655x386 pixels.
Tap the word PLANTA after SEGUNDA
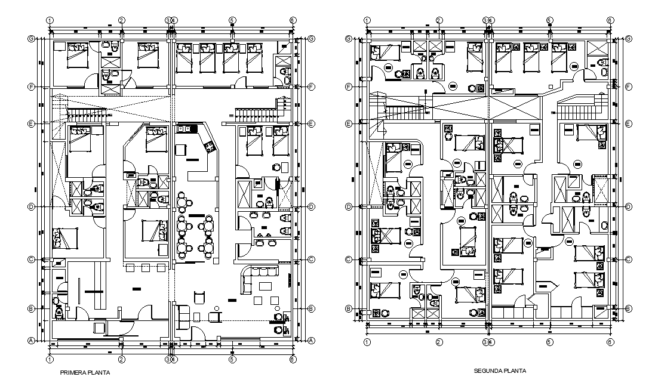coord(515,370)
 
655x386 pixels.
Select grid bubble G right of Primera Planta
coord(312,39)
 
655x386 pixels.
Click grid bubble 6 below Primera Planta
coord(293,359)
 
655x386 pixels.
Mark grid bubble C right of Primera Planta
coord(312,260)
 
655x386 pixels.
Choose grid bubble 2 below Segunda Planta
coord(439,342)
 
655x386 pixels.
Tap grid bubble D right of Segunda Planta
coord(630,207)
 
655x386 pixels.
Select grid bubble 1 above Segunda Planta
coord(367,20)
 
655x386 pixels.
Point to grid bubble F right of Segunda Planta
coord(630,87)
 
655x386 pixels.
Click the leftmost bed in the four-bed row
coord(183,58)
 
